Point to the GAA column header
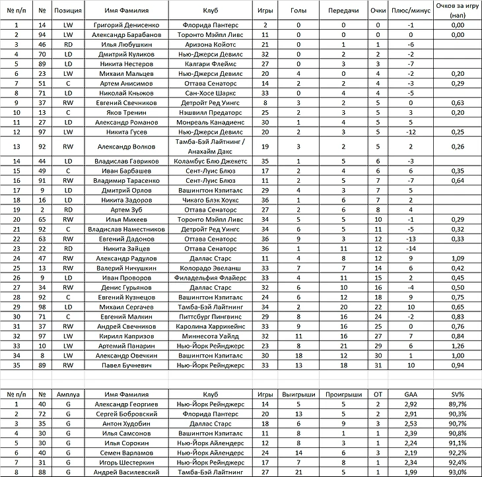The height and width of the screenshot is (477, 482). (411, 393)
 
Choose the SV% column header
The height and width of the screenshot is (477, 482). (455, 393)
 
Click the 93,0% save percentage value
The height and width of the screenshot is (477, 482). (455, 472)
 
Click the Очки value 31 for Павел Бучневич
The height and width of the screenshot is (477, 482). (378, 364)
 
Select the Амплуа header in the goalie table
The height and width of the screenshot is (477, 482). (68, 393)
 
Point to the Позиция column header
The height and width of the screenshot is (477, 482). (68, 11)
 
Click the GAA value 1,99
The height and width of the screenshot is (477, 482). (411, 472)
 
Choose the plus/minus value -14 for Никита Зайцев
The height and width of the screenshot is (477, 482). (411, 248)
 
